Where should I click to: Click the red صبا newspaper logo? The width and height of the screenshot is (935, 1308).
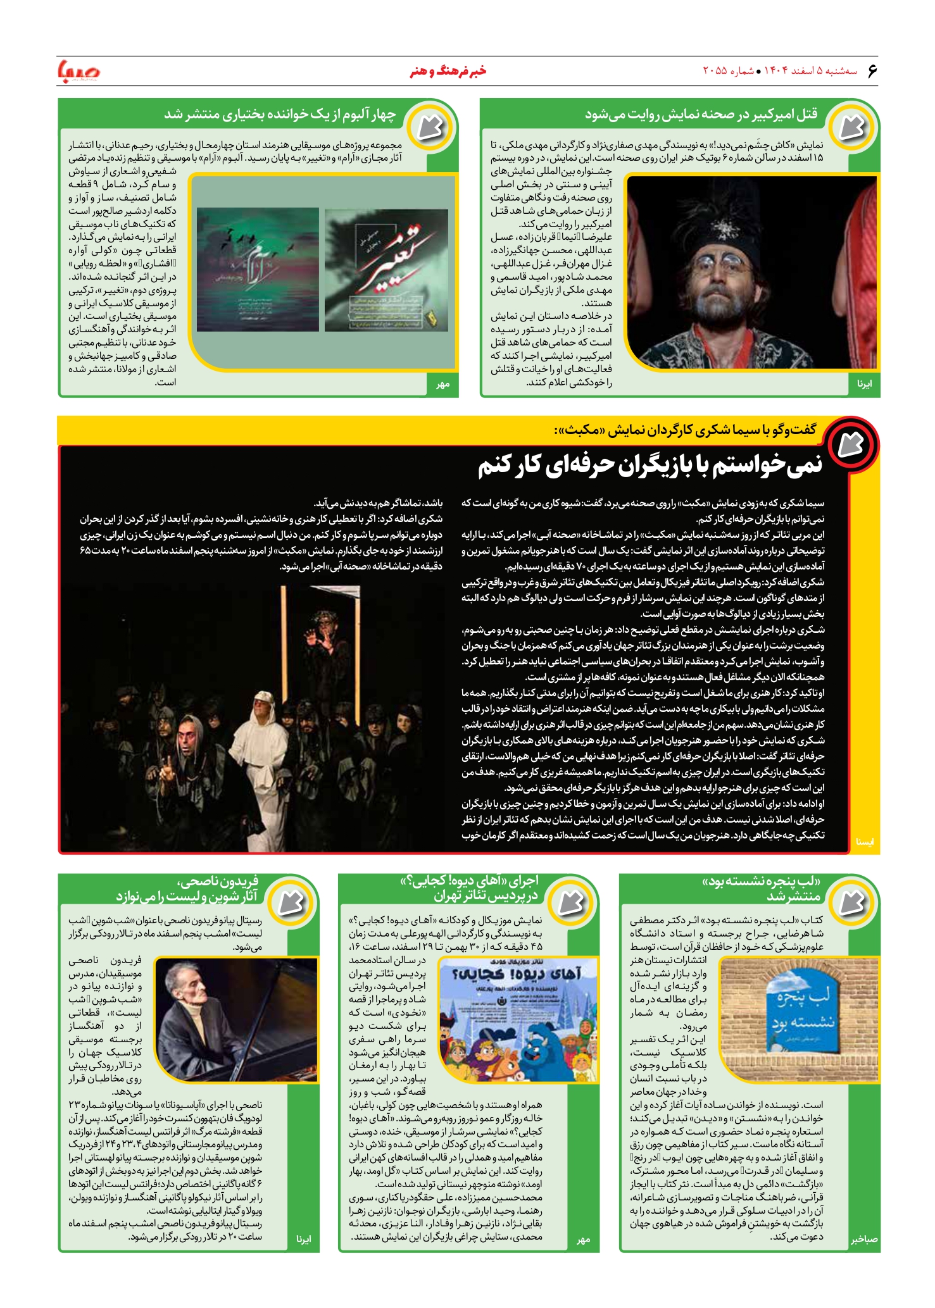(78, 71)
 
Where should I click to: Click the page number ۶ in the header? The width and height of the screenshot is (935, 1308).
(872, 70)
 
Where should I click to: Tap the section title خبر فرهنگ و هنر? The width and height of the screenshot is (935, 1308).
(448, 71)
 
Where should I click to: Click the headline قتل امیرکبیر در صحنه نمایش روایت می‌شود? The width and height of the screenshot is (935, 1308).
(701, 115)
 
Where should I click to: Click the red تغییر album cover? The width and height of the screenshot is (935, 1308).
(386, 270)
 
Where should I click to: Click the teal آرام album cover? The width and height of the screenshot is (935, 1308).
(258, 270)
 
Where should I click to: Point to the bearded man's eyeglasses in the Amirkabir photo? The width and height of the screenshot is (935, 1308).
(732, 261)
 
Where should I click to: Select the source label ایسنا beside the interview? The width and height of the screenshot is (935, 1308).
(864, 842)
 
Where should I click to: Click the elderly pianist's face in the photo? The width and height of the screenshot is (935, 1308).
(190, 992)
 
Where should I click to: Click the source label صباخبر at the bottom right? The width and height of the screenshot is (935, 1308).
(863, 1239)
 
